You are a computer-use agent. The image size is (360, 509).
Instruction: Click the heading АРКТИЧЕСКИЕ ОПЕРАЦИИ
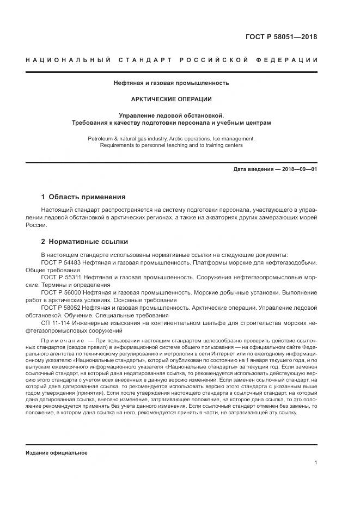tap(171, 100)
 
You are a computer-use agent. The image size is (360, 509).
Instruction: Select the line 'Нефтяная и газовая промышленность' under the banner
tap(171, 83)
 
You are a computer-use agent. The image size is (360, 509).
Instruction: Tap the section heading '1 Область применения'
tap(83, 197)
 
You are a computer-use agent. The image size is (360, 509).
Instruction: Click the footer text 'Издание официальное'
tap(57, 452)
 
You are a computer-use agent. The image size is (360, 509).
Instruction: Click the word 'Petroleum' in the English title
tap(100, 138)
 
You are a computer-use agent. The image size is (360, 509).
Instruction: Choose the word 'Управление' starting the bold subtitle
tap(136, 115)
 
